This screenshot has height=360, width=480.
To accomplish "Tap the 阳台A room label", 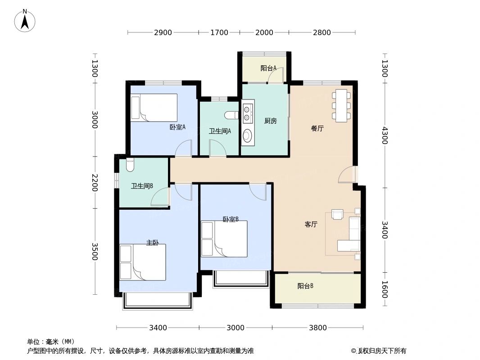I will point(268,68).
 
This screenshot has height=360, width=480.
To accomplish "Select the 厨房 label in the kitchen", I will point(270,121).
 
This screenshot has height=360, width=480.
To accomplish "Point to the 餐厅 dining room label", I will point(317,128).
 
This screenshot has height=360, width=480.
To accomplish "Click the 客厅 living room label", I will point(311,224).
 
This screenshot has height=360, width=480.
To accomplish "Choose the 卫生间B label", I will point(142,185).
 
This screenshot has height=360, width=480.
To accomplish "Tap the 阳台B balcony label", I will point(305,286).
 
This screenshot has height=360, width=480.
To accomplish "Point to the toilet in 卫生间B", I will point(130,166).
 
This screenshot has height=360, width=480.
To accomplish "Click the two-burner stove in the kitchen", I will point(247,113).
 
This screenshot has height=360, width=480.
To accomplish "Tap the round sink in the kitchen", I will point(247,135).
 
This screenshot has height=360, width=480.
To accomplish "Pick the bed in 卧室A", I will point(154,108).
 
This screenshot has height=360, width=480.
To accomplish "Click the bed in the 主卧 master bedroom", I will point(143,262).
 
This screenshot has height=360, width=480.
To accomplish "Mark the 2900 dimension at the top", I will point(163,32).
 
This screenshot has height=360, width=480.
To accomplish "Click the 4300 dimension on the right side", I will point(384,135).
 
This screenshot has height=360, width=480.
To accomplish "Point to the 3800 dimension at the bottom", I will point(318,328).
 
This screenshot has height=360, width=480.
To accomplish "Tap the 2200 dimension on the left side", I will point(95,182).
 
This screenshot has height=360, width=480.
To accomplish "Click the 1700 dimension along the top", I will point(219,32).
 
